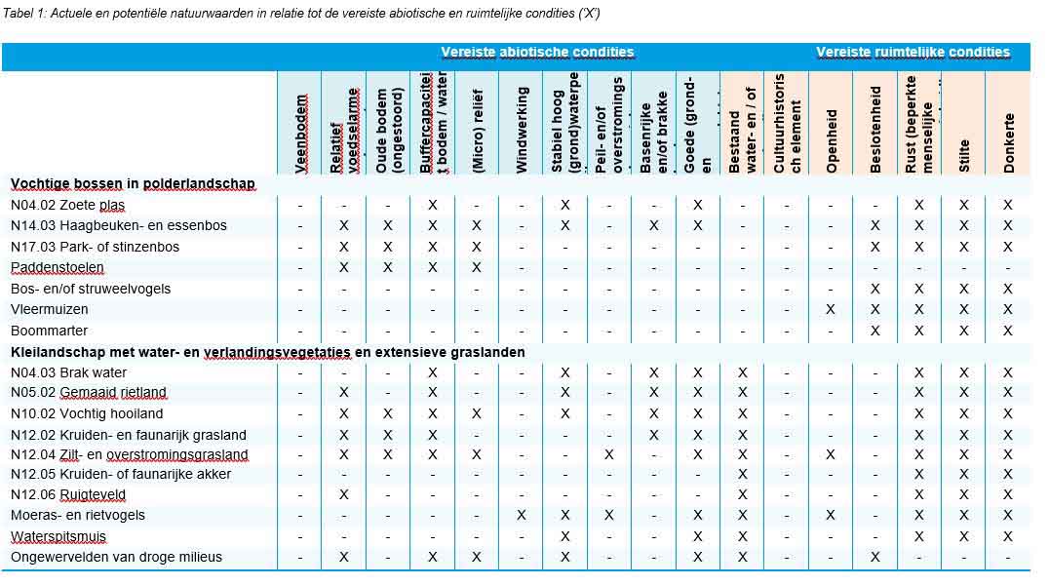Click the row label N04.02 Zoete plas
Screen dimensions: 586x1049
(x=67, y=205)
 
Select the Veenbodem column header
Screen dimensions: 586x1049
(x=301, y=134)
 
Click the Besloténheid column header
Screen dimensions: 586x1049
(x=875, y=135)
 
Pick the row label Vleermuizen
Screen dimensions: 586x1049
(x=49, y=309)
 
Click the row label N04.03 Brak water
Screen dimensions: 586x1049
(x=68, y=372)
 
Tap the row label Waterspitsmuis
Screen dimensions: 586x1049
(x=58, y=536)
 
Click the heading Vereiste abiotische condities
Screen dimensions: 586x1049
(x=537, y=52)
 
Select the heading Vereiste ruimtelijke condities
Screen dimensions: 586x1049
(x=913, y=52)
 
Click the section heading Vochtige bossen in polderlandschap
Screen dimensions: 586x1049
(x=133, y=183)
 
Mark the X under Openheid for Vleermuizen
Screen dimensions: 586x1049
(x=831, y=309)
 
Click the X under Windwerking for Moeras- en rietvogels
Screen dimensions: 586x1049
(x=522, y=515)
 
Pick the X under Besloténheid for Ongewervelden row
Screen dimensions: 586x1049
(x=875, y=557)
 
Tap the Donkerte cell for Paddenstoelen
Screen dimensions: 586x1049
(x=1008, y=267)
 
